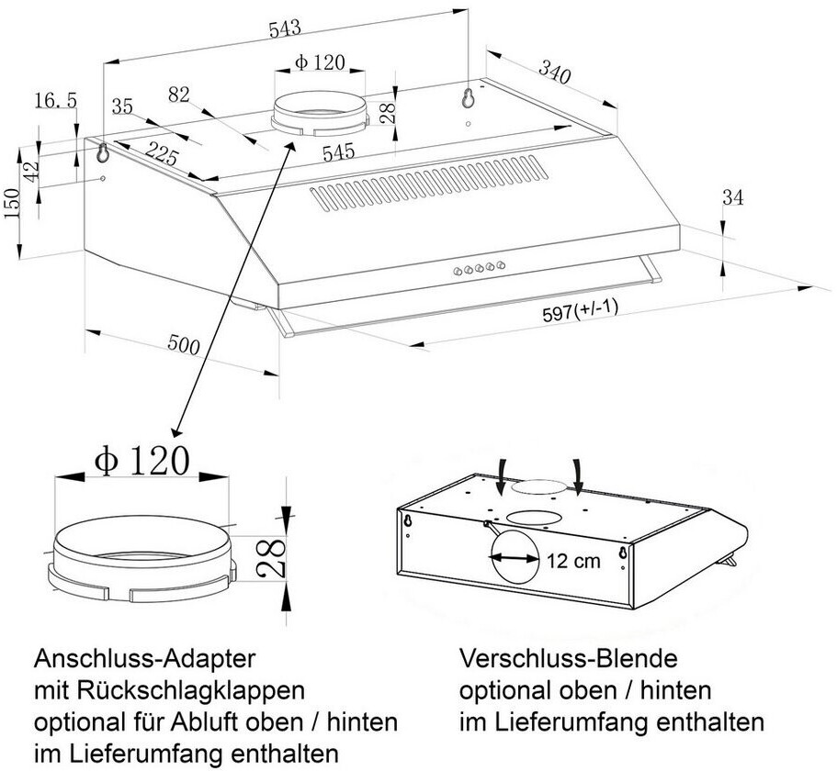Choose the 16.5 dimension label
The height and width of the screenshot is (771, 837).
[55, 101]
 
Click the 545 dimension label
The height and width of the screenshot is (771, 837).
[337, 152]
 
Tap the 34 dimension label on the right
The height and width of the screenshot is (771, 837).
[732, 197]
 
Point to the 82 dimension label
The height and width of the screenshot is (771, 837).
[180, 94]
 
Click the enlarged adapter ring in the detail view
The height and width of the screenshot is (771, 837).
[138, 556]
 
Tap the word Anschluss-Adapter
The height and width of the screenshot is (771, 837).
[143, 658]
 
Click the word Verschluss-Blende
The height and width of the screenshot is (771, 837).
[568, 658]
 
